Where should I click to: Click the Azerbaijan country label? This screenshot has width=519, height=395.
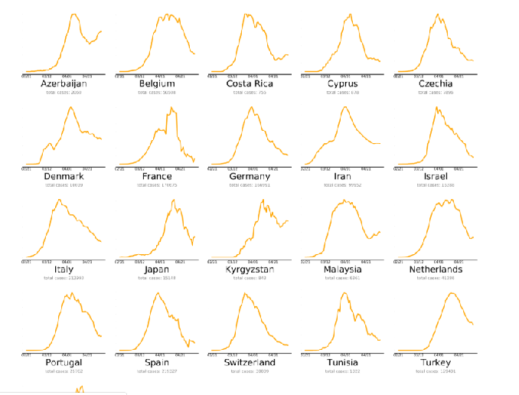pyautogui.click(x=64, y=83)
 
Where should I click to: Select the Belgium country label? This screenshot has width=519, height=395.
pyautogui.click(x=157, y=83)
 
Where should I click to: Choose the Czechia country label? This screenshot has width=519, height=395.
pyautogui.click(x=436, y=83)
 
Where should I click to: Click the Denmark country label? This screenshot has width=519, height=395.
pyautogui.click(x=64, y=177)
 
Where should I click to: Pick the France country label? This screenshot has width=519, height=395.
pyautogui.click(x=157, y=177)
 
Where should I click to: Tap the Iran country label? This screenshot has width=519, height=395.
pyautogui.click(x=343, y=177)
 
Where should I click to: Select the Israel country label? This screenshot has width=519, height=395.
pyautogui.click(x=436, y=177)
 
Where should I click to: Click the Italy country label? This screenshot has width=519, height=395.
pyautogui.click(x=64, y=269)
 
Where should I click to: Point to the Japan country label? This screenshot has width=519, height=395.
pyautogui.click(x=157, y=269)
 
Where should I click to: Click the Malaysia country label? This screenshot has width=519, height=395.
pyautogui.click(x=343, y=269)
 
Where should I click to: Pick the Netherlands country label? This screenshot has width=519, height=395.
pyautogui.click(x=436, y=269)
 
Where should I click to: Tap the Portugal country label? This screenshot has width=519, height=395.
pyautogui.click(x=64, y=362)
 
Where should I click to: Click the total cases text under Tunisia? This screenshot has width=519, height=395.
pyautogui.click(x=343, y=371)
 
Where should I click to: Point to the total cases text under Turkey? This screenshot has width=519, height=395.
pyautogui.click(x=436, y=371)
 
